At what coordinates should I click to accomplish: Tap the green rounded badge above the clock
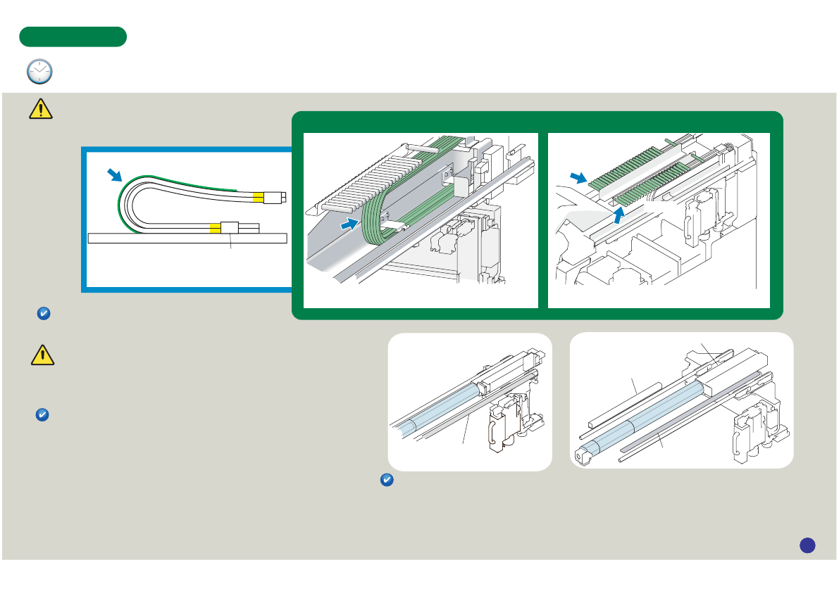[73, 37]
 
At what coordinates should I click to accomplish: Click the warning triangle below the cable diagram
[43, 355]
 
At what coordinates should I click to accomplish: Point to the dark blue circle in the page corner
[807, 545]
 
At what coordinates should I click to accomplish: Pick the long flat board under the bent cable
[187, 238]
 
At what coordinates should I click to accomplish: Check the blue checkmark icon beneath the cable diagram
[42, 315]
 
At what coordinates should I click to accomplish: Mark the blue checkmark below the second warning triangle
[42, 416]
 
